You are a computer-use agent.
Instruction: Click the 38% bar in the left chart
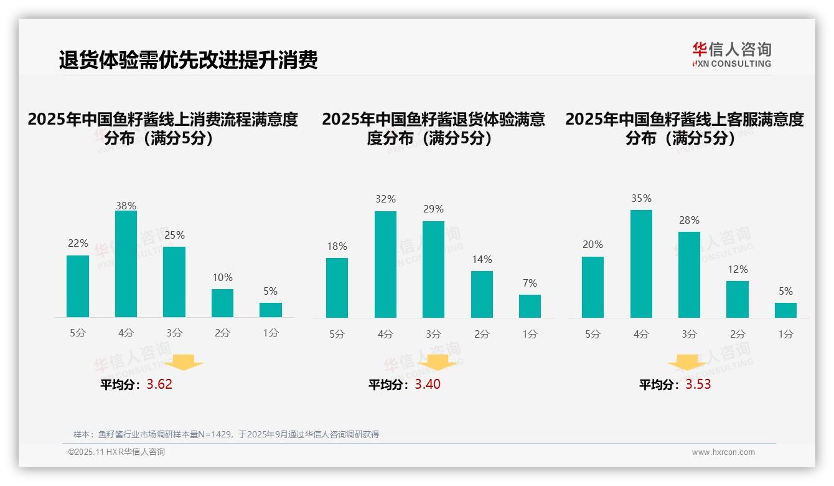tap(126, 264)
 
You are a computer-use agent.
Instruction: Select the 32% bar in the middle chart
tap(385, 264)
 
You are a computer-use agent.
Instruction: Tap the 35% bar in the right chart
tap(641, 264)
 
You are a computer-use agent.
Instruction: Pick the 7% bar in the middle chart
tap(530, 306)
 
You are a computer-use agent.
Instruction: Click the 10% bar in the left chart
tap(222, 303)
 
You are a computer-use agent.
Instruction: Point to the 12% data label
tap(738, 270)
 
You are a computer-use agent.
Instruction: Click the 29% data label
tap(433, 209)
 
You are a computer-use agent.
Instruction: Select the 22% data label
tap(78, 244)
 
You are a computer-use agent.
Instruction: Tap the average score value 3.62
tap(159, 384)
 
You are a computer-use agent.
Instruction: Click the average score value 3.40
tap(428, 384)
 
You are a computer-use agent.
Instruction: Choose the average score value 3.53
tap(698, 384)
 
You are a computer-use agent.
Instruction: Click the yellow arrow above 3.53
tap(687, 363)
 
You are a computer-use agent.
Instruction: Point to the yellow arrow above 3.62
tap(184, 362)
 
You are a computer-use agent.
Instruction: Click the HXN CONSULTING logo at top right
tap(731, 55)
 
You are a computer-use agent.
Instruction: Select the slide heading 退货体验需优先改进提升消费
tap(188, 60)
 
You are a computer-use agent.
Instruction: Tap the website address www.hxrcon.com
tap(723, 452)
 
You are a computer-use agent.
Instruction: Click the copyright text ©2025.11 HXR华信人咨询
tap(116, 452)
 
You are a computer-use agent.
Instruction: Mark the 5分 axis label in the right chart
tap(593, 335)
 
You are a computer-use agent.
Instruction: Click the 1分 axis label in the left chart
tap(271, 333)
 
